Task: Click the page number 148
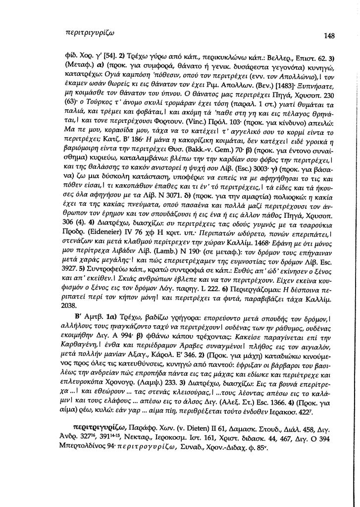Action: click(329, 36)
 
